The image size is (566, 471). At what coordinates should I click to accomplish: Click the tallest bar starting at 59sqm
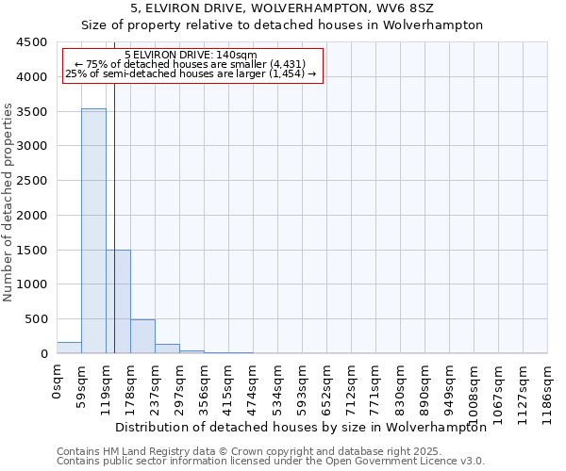click(93, 231)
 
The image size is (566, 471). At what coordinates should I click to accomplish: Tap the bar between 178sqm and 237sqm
click(142, 336)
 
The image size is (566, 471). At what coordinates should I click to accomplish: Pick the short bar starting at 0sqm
click(69, 348)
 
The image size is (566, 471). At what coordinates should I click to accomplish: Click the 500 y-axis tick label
click(37, 319)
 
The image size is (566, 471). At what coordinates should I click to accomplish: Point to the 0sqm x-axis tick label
click(58, 381)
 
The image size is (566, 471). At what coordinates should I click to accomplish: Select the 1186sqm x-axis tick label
click(548, 390)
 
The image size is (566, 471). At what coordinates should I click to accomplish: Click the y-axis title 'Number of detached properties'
click(9, 203)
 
